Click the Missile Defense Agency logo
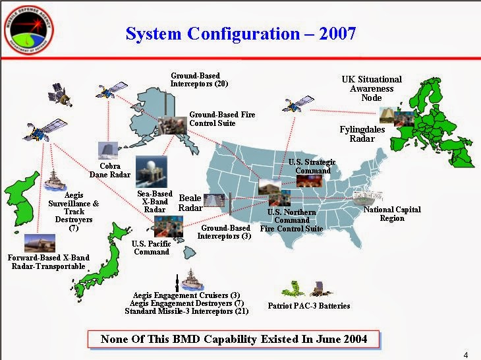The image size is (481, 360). click(29, 30)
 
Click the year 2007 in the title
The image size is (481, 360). click(337, 34)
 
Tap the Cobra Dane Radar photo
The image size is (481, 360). click(108, 151)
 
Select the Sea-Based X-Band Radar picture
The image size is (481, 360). click(152, 172)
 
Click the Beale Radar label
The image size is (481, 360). click(190, 203)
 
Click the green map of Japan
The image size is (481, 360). click(101, 261)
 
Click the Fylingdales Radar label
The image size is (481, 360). click(362, 134)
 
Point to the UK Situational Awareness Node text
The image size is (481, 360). click(372, 88)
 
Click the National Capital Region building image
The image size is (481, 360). click(368, 197)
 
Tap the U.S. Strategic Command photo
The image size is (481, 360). click(309, 181)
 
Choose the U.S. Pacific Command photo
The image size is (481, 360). click(169, 226)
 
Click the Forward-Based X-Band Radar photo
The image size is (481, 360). click(40, 243)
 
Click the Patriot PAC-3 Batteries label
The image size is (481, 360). click(309, 306)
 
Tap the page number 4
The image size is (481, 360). click(466, 355)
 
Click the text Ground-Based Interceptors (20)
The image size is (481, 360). click(199, 80)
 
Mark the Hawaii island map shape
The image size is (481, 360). click(190, 253)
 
